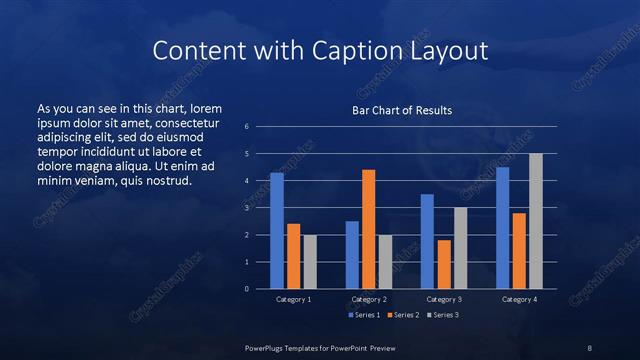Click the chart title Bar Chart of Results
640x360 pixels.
point(400,110)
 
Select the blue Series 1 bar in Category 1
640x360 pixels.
point(277,231)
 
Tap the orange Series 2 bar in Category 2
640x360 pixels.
point(368,229)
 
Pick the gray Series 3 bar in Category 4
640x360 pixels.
point(536,221)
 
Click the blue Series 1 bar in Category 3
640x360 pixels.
point(427,241)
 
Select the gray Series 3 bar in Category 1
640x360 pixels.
point(310,262)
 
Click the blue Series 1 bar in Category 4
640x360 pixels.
point(502,228)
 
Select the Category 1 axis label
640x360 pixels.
point(293,299)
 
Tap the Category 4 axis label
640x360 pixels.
point(519,299)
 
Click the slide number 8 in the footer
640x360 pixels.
point(590,347)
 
